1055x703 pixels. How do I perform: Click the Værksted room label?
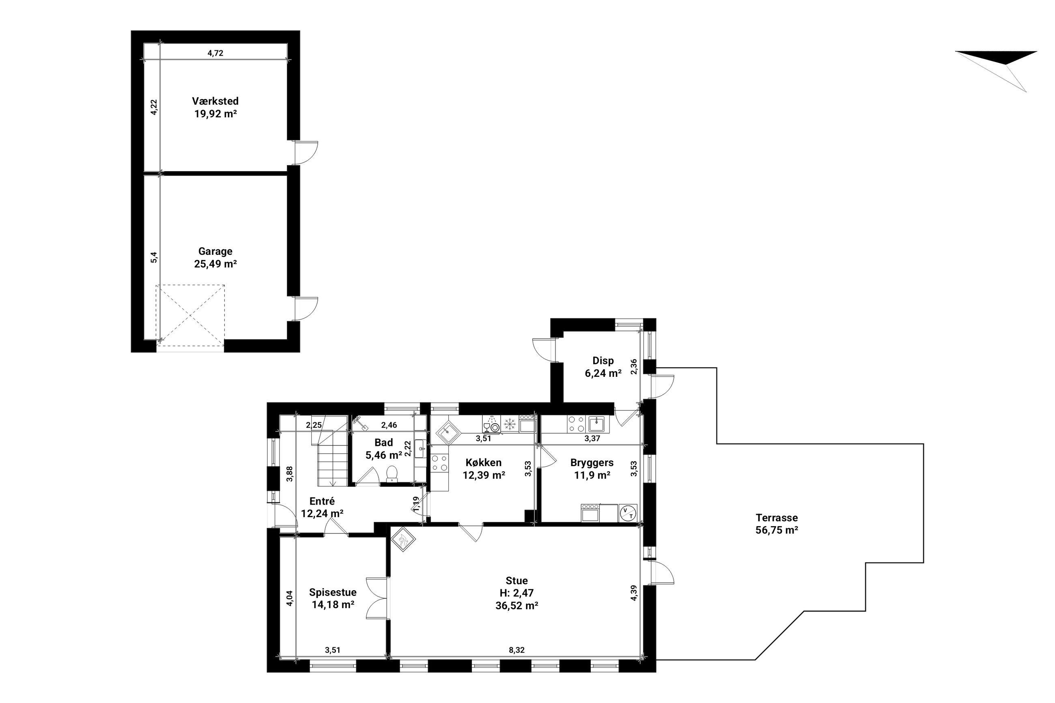click(x=215, y=101)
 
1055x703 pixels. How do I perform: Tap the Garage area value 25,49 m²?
click(x=215, y=264)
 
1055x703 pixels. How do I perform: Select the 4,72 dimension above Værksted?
click(x=215, y=53)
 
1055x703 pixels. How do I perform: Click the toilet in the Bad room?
click(x=392, y=473)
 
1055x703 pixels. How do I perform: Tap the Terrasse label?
click(x=777, y=517)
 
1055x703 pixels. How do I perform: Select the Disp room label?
click(x=603, y=361)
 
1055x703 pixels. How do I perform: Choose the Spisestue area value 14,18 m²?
click(x=333, y=604)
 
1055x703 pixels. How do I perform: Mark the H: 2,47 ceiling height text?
click(x=517, y=593)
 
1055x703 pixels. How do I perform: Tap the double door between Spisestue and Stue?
click(x=377, y=598)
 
